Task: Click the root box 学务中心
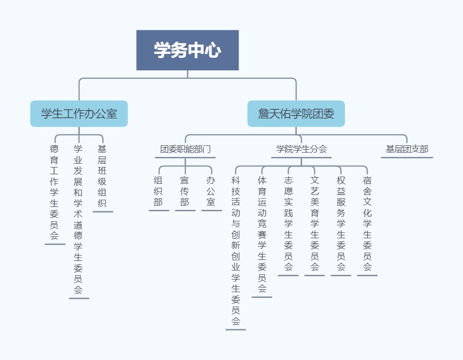point(187,50)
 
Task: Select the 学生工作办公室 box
point(79,114)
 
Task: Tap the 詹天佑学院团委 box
point(296,114)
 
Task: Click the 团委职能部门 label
point(185,149)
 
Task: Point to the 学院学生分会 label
point(302,149)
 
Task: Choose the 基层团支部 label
point(407,149)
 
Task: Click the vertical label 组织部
point(159,191)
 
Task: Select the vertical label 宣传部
point(185,191)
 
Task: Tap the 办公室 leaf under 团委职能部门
point(211,191)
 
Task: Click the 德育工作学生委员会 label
point(54,192)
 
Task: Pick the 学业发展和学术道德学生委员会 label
point(78,219)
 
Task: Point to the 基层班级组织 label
point(102,176)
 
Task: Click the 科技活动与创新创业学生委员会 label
point(236,251)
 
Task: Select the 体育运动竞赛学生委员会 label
point(262,234)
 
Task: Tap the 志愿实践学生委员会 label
point(289,223)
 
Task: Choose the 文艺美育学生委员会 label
point(315,223)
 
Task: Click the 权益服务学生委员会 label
point(341,223)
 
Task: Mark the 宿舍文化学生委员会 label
point(367,223)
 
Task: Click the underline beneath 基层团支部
point(407,157)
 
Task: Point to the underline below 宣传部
point(185,211)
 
